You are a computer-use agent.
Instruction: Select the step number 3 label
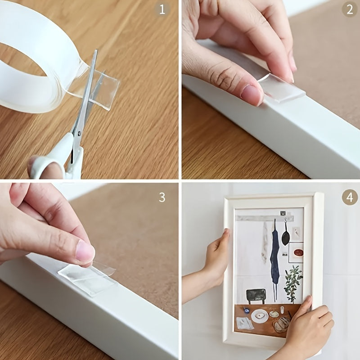(162, 197)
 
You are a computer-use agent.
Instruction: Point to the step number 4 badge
(350, 197)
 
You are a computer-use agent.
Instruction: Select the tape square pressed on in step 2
(283, 90)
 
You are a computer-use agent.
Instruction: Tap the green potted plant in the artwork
(293, 281)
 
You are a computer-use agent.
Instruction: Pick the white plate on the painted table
(260, 315)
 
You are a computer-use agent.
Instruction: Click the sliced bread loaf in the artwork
(281, 324)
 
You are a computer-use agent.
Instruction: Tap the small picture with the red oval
(295, 252)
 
